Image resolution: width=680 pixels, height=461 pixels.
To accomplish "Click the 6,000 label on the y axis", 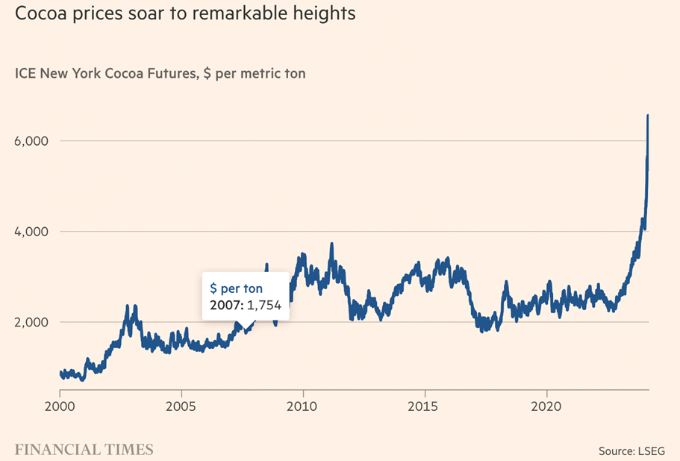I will (32, 141).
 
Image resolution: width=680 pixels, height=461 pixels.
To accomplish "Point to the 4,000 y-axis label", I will (32, 232).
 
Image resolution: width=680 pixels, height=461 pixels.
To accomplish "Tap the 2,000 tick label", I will (32, 322).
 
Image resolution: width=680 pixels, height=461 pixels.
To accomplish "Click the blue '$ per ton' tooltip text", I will (237, 288).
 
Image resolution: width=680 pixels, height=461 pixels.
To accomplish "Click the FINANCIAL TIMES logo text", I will (84, 449).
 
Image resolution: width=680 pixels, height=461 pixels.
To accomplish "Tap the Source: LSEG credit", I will (632, 451).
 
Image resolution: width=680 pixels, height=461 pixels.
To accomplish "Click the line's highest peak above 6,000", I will (648, 116).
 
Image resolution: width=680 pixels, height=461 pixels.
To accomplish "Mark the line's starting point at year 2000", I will (60, 373).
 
